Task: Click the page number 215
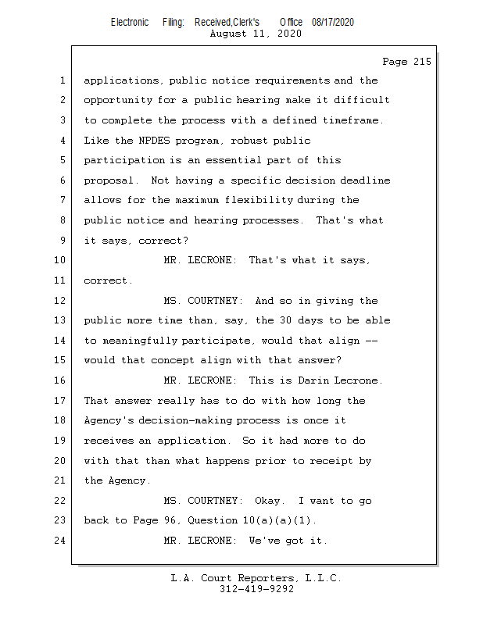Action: click(x=421, y=62)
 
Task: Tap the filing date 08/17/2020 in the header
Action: click(x=332, y=23)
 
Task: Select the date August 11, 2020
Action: click(x=256, y=34)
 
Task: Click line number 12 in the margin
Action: click(x=61, y=301)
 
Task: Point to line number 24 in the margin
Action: click(x=61, y=541)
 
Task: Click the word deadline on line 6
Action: click(x=363, y=180)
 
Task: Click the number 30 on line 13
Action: click(x=288, y=320)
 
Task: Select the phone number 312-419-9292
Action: click(x=256, y=590)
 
